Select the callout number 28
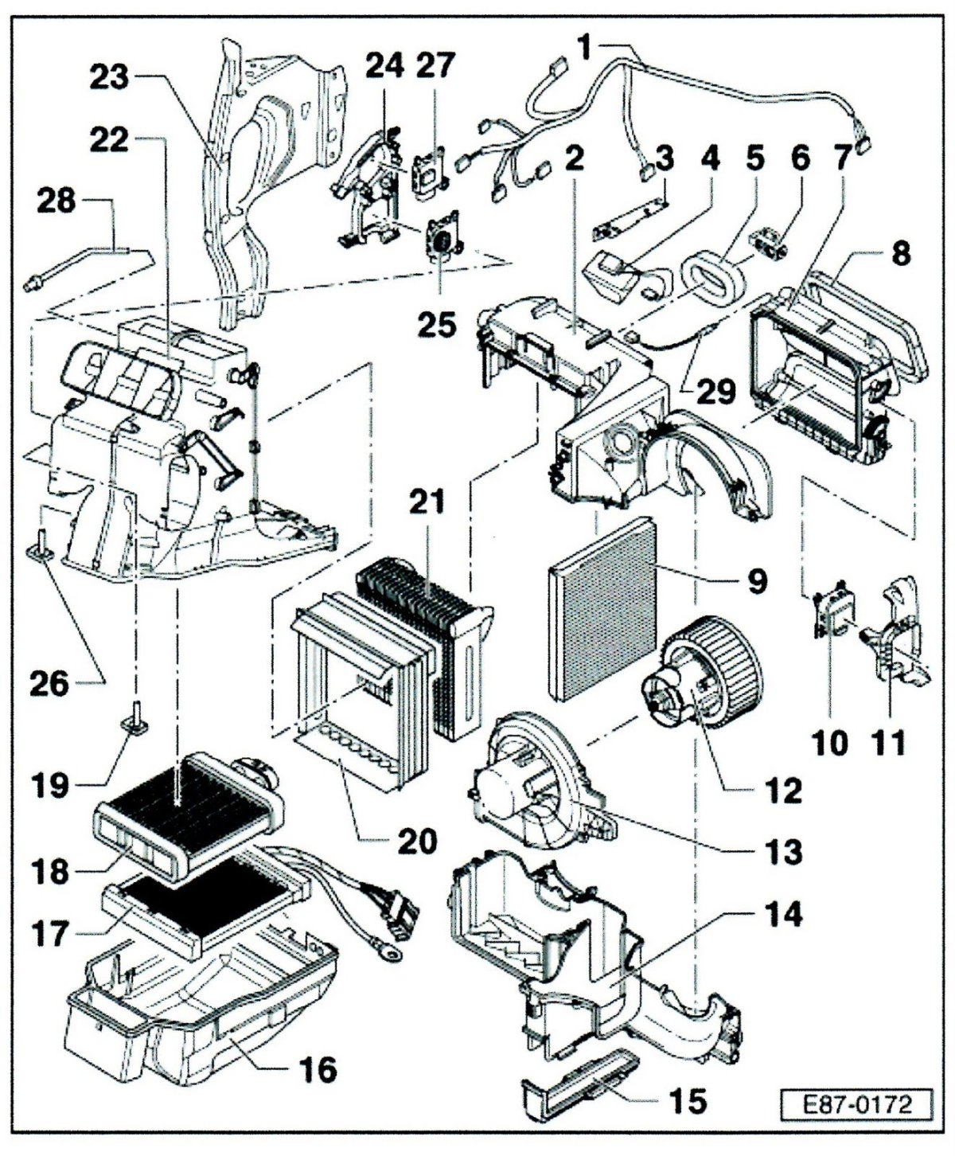coord(56,201)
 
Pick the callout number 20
coord(416,841)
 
